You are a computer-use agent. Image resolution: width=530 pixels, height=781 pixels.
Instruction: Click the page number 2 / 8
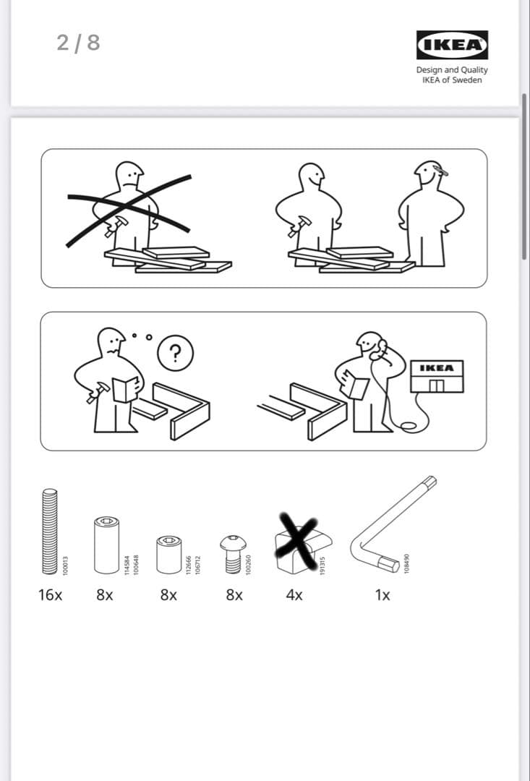[x=78, y=43]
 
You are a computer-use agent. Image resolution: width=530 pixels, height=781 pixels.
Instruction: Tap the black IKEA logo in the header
[x=452, y=45]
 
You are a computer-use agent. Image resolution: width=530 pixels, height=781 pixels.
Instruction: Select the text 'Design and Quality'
[x=452, y=70]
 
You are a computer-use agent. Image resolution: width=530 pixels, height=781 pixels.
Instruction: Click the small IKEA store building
[x=436, y=376]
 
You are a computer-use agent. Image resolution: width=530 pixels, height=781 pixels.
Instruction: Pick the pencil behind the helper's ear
[x=440, y=171]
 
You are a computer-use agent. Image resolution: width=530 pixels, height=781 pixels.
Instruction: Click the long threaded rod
[x=49, y=532]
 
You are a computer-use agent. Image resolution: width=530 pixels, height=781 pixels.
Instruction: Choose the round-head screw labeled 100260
[x=231, y=554]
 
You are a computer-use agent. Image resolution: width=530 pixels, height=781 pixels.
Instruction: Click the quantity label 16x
[x=50, y=595]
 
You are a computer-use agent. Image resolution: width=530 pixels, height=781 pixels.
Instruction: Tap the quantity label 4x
[x=294, y=595]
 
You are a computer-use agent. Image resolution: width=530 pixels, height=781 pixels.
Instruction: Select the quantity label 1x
[x=382, y=595]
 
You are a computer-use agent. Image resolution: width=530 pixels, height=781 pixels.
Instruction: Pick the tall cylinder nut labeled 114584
[x=106, y=544]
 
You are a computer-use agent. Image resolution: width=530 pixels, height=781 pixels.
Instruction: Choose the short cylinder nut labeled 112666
[x=168, y=553]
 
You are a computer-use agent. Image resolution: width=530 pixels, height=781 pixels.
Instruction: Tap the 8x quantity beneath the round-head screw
[x=234, y=595]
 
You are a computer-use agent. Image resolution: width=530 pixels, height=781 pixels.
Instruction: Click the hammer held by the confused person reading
[x=94, y=394]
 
